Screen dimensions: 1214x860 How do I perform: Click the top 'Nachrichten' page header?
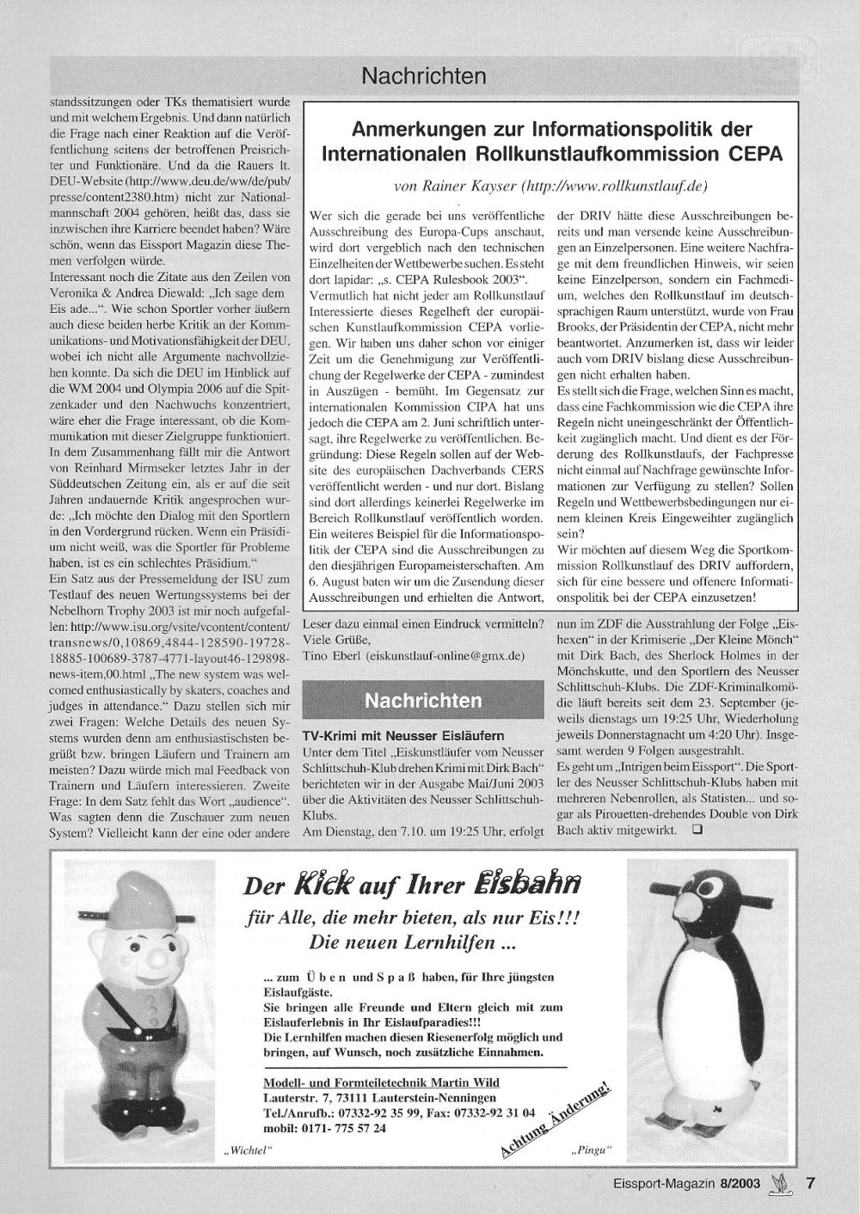424,77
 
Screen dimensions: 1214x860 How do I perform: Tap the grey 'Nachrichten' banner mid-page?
423,701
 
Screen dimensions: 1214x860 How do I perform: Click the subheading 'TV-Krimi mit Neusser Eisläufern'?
403,736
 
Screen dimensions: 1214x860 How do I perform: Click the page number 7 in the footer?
809,1183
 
